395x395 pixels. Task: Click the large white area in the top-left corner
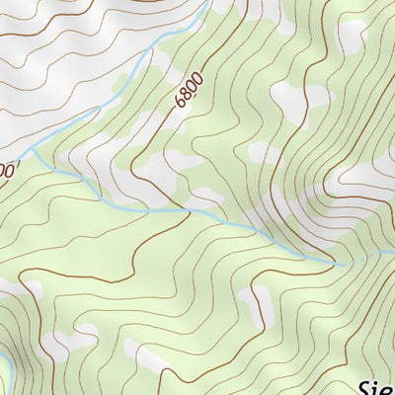pyautogui.click(x=39, y=59)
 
